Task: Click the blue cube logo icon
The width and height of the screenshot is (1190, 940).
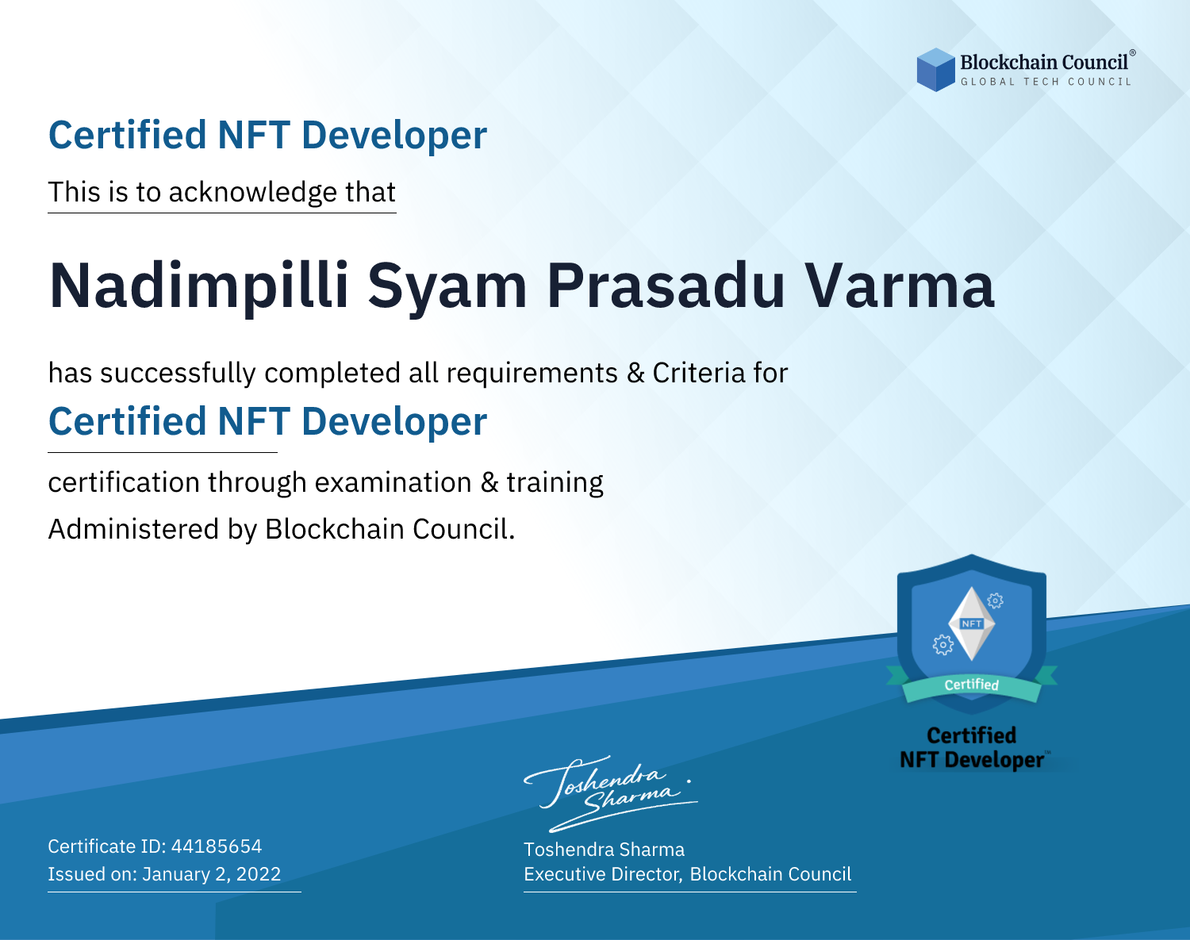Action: (x=935, y=70)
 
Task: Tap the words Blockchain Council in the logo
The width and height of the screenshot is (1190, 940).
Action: (x=1044, y=63)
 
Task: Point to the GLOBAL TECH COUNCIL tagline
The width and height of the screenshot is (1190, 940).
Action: (x=1046, y=82)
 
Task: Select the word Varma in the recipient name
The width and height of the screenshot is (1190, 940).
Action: (x=899, y=286)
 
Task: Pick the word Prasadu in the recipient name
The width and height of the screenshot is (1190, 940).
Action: (x=666, y=286)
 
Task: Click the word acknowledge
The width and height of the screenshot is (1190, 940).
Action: (x=253, y=193)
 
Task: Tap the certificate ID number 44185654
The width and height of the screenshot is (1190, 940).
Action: (x=217, y=846)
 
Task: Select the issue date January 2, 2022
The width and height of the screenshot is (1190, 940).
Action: (x=211, y=873)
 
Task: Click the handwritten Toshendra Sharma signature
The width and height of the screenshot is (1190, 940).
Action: (x=611, y=793)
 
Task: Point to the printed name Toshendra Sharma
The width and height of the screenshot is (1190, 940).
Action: (x=604, y=850)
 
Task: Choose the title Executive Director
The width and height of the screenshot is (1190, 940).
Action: (x=601, y=874)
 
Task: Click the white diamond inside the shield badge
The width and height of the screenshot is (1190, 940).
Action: (x=972, y=623)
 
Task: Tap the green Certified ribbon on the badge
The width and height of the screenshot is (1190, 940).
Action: (x=972, y=685)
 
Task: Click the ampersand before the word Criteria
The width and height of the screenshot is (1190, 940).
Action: (x=635, y=373)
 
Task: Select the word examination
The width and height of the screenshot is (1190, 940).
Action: (x=393, y=482)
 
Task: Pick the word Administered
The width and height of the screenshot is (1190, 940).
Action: (x=133, y=529)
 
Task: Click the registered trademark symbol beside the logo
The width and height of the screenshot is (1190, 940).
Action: (x=1133, y=52)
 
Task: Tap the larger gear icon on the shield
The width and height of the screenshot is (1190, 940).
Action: (x=942, y=645)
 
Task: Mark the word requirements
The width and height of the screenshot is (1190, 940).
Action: (x=532, y=374)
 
